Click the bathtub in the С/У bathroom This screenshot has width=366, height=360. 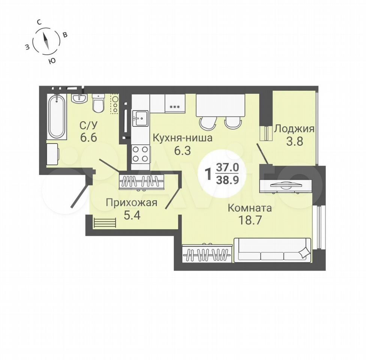point(57,117)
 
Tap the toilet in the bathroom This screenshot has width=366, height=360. point(98,103)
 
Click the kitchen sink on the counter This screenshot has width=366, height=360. point(140,118)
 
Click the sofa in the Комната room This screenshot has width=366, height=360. point(272,250)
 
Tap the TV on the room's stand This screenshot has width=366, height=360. point(285,185)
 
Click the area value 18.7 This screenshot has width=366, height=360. point(249,220)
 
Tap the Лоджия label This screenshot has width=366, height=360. point(294,129)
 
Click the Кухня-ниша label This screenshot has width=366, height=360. point(183,138)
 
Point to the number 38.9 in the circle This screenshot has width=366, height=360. point(228,180)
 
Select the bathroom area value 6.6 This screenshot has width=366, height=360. point(88,138)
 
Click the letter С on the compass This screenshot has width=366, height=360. point(39,22)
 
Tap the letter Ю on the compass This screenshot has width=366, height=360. point(52,61)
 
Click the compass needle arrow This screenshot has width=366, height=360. point(46,40)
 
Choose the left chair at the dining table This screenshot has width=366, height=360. point(207,123)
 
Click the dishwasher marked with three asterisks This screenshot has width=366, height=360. point(175,103)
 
